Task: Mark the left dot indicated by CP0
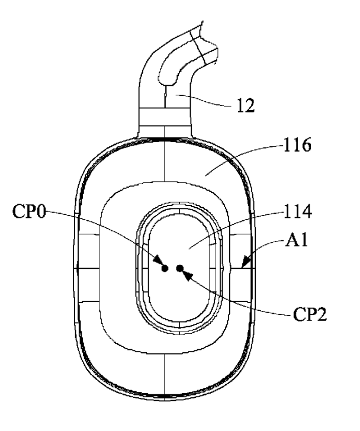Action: [166, 268]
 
